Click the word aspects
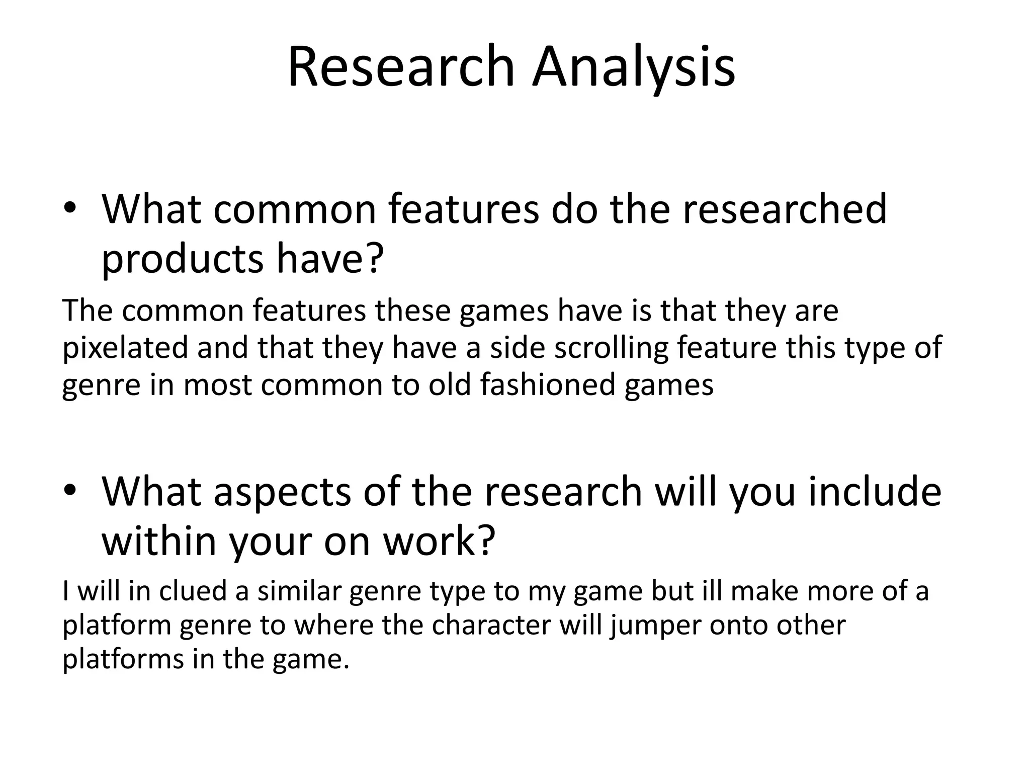pyautogui.click(x=282, y=491)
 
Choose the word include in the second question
pyautogui.click(x=875, y=491)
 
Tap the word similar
pyautogui.click(x=299, y=590)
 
